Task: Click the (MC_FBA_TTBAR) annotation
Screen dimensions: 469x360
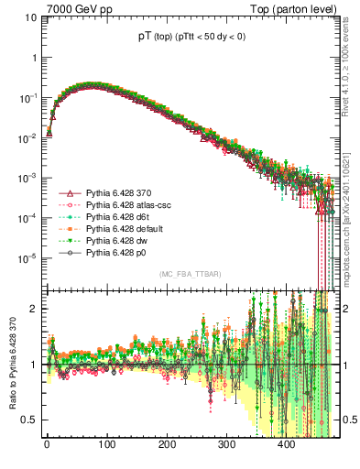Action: [x=183, y=275]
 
